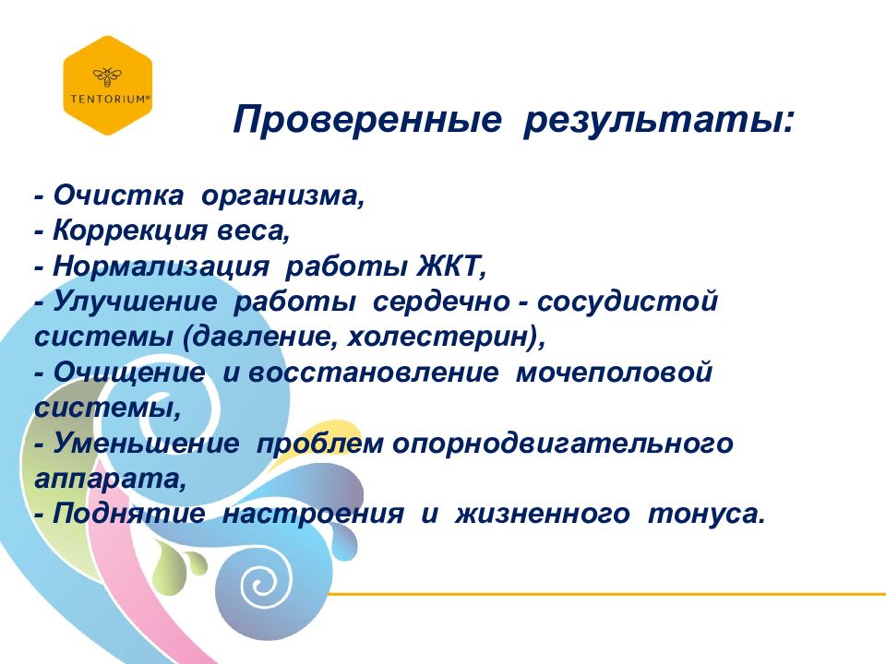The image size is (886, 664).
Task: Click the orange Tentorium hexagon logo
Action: (107, 85)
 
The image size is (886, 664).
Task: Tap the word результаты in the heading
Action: (657, 121)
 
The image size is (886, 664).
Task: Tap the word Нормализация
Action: (162, 267)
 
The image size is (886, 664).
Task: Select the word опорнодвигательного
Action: (564, 444)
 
